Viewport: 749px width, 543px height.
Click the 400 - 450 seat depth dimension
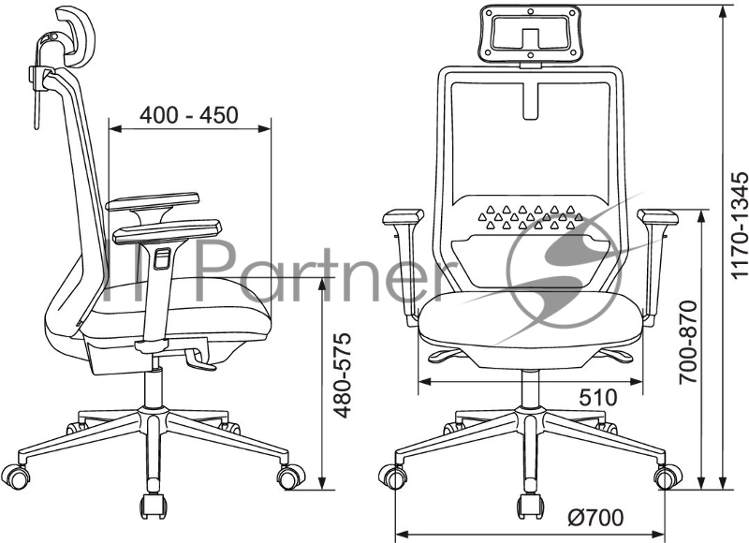coord(189,115)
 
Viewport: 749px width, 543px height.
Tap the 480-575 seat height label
coord(342,374)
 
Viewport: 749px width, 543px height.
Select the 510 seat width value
coord(598,397)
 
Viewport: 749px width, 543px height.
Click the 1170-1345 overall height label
coord(739,225)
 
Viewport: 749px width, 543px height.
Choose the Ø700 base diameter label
coord(595,517)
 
